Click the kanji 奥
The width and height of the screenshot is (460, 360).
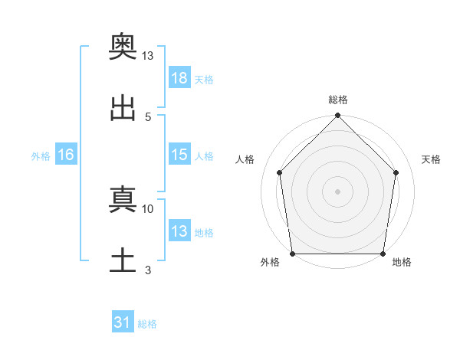(123, 46)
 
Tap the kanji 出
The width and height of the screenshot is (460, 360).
(123, 108)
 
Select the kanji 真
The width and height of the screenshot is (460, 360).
(123, 199)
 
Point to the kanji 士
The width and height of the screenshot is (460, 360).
(123, 260)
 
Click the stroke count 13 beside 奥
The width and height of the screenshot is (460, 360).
(147, 56)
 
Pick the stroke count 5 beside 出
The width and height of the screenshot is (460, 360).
(148, 117)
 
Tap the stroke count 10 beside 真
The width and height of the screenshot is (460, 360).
(147, 209)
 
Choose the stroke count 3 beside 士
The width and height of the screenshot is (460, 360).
(148, 270)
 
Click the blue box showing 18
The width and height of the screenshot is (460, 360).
(179, 77)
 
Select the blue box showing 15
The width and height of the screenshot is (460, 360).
(179, 154)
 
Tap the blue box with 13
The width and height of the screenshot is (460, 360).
(179, 230)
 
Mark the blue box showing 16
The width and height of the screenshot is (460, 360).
(66, 154)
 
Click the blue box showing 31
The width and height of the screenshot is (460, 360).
(123, 321)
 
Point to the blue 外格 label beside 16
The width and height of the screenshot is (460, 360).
(41, 156)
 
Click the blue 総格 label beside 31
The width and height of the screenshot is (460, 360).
(147, 324)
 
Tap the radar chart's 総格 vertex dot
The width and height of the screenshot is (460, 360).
(337, 115)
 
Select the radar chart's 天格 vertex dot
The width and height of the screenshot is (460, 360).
(396, 172)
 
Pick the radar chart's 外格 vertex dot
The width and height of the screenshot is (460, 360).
(293, 254)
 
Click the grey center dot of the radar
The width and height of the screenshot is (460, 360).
(337, 191)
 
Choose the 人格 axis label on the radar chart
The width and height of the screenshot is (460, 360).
(245, 159)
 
